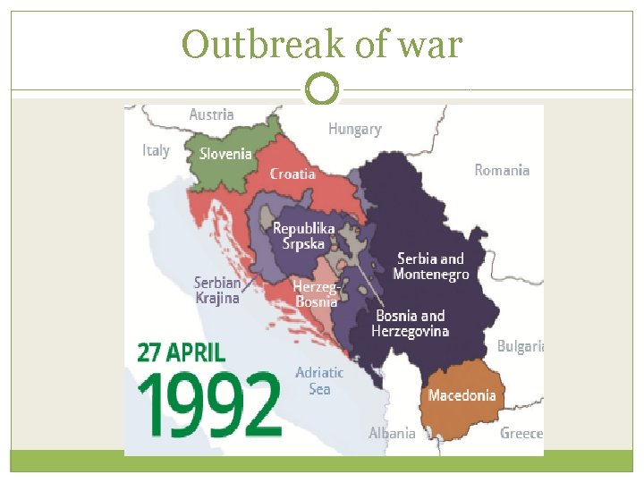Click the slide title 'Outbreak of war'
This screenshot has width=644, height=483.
coord(322,43)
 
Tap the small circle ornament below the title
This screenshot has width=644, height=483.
coord(322,89)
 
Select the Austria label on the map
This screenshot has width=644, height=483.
coord(212,114)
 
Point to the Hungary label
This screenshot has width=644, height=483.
coord(354,129)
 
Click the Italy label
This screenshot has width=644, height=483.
coord(156,150)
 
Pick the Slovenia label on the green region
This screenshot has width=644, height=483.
coord(225,154)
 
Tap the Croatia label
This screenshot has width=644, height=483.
coord(292,174)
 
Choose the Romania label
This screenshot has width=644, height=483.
coord(502,170)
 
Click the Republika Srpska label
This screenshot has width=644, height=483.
coord(304,236)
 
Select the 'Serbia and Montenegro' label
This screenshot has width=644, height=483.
coord(430,267)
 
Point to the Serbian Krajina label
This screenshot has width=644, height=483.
coord(217,291)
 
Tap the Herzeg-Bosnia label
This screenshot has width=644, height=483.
coord(316,294)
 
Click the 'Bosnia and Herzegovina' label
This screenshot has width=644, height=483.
coord(411,324)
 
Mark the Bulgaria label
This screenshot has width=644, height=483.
coord(520,346)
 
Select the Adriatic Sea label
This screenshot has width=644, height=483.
coord(319,381)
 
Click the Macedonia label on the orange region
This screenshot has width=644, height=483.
coord(462,395)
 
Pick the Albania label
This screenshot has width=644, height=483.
coord(392,433)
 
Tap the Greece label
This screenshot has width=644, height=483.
coord(521,433)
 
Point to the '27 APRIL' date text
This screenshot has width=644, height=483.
coord(182,351)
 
